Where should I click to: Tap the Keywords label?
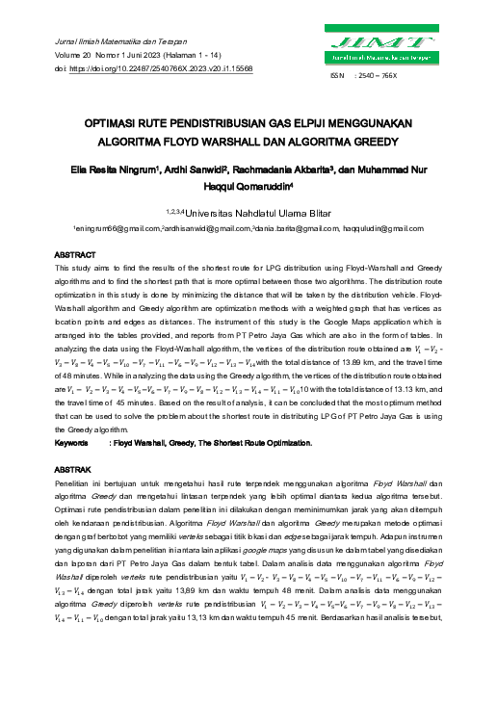tap(75, 443)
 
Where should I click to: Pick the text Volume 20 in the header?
tap(82, 56)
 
